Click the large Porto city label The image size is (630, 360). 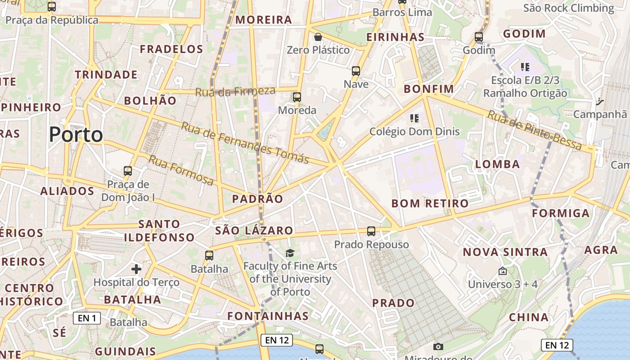(76, 134)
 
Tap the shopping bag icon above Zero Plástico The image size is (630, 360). (318, 37)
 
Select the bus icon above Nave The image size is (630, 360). (356, 71)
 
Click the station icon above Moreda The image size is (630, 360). (297, 97)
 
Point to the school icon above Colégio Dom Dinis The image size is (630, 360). (414, 118)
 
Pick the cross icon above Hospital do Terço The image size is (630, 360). (136, 269)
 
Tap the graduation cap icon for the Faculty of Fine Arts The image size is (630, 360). (290, 253)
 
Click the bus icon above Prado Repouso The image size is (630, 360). (371, 231)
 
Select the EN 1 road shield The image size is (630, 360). (87, 318)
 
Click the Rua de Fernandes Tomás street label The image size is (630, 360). (245, 143)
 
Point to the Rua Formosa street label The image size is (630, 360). (181, 170)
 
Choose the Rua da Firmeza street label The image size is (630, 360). (235, 91)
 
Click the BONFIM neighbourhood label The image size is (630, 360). (429, 89)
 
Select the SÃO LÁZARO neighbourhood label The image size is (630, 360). (254, 231)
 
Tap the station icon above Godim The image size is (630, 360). (479, 37)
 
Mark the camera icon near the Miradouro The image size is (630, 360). (438, 346)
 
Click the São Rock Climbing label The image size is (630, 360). (568, 8)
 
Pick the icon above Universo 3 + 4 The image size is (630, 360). (503, 271)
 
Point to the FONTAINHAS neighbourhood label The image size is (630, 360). (268, 316)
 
